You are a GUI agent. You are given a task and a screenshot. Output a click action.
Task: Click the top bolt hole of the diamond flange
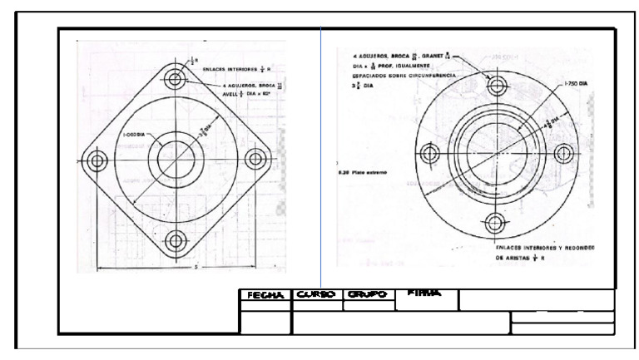(x=176, y=80)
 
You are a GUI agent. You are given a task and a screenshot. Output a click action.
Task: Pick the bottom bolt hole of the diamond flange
(x=176, y=240)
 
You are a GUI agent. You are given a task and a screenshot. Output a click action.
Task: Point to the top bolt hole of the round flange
(x=498, y=85)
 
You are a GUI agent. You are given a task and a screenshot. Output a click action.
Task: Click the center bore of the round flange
(x=498, y=154)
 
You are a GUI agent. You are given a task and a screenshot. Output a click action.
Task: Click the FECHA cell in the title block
(x=265, y=295)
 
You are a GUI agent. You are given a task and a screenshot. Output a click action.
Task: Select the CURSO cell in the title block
(x=317, y=295)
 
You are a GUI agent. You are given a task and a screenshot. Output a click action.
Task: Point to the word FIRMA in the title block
(x=425, y=293)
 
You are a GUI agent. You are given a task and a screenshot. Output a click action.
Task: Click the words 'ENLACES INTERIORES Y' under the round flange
(x=528, y=247)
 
